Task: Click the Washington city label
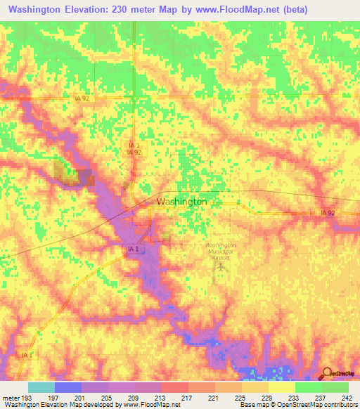[x=181, y=201]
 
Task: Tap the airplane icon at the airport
[x=223, y=266]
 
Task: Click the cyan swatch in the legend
[x=41, y=387]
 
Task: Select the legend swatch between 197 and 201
[x=68, y=387]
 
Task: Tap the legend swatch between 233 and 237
[x=309, y=387]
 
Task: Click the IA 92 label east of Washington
[x=328, y=212]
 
